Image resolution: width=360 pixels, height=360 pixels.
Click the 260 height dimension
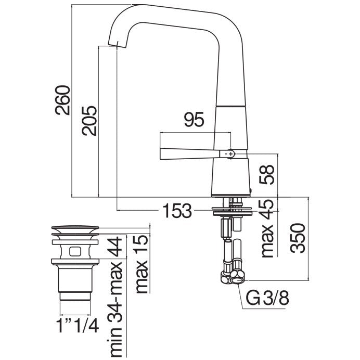point(62,100)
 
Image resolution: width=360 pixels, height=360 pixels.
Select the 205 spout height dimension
point(90,121)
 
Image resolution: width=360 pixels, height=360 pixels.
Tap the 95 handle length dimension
point(194,119)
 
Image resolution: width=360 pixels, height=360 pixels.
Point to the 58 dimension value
point(267,174)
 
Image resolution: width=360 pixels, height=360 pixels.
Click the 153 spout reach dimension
point(177,211)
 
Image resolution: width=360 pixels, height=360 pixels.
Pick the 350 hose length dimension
point(298,238)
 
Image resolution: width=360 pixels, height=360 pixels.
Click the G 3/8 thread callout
point(267,298)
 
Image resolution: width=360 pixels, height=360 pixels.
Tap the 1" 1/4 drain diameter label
point(78,326)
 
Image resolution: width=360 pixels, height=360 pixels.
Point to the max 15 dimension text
point(142,264)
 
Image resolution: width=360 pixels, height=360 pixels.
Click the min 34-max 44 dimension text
point(115,297)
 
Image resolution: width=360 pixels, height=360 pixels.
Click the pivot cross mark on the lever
point(230,153)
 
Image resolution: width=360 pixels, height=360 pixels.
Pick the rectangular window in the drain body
point(75,251)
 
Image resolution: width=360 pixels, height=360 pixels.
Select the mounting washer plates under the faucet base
point(233,211)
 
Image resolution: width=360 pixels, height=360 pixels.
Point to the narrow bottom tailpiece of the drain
point(75,296)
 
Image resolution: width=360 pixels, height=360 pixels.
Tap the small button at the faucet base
point(250,190)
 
